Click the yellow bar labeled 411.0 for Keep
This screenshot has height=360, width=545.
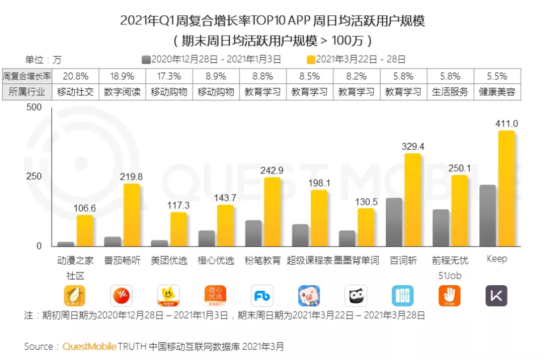[506, 188]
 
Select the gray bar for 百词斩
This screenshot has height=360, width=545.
[394, 222]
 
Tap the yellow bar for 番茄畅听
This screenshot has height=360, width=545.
[132, 215]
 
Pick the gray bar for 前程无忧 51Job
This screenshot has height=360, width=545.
[441, 227]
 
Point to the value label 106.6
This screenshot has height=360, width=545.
[85, 208]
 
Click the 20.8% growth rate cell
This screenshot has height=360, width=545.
[75, 76]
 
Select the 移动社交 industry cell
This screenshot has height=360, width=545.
[75, 92]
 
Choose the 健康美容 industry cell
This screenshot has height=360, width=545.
[497, 92]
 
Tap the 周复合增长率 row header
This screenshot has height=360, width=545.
[27, 76]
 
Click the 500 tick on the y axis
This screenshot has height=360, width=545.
[35, 107]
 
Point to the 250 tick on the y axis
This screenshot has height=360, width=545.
[35, 176]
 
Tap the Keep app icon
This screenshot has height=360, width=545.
[496, 295]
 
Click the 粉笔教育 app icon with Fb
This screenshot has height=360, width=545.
[262, 295]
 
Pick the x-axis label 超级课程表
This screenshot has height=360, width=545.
[309, 261]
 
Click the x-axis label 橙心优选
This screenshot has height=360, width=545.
[216, 261]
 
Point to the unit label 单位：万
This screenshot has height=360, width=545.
[43, 60]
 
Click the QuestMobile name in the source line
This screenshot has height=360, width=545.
[90, 346]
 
